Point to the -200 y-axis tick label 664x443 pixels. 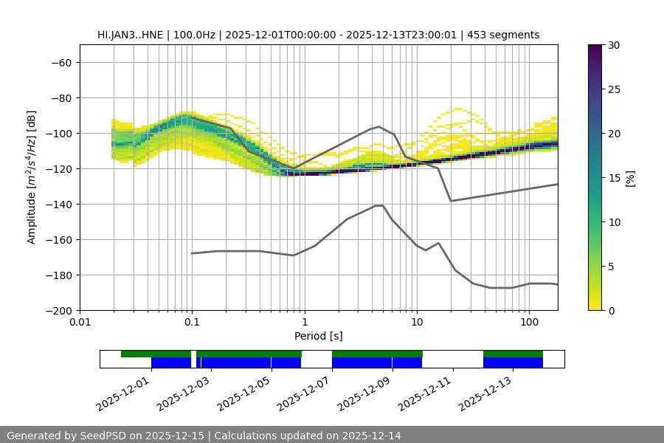pos(58,311)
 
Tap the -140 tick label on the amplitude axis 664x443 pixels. pos(58,205)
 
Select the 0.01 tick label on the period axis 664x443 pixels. pos(80,323)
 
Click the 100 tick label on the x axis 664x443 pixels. pos(529,323)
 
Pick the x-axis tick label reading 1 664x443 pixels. pos(305,323)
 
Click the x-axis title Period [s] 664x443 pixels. pos(318,336)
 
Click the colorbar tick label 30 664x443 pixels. pos(613,45)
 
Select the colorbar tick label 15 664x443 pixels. pos(613,178)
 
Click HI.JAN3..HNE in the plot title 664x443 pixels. pos(134,35)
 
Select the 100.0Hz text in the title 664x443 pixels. pos(196,35)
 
